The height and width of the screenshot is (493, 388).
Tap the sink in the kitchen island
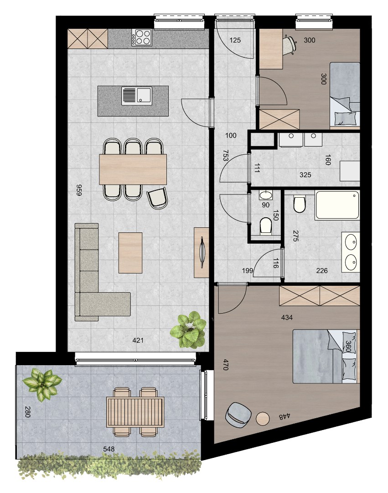pos(137,95)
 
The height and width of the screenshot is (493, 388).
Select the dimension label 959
pos(79,190)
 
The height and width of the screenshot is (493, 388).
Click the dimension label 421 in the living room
pos(138,340)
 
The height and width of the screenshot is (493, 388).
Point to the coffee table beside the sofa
pos(130,252)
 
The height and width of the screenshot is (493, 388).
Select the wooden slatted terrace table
pos(135,412)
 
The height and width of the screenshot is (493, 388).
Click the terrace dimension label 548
pos(109,449)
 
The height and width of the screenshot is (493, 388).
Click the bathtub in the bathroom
pos(337,205)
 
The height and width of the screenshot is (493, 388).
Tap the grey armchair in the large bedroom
pos(238,414)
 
